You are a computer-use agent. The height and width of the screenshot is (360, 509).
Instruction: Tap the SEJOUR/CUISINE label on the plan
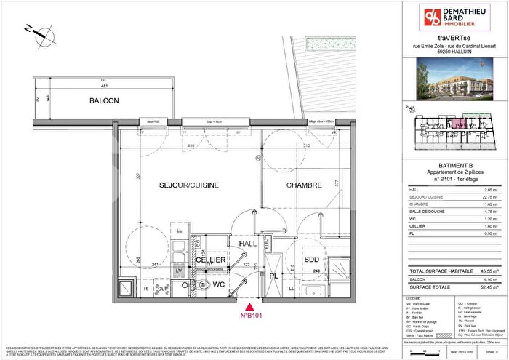point(189,186)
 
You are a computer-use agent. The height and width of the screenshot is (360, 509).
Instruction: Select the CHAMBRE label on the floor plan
point(304,186)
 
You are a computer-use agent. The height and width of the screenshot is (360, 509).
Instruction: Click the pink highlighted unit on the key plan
point(460,125)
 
